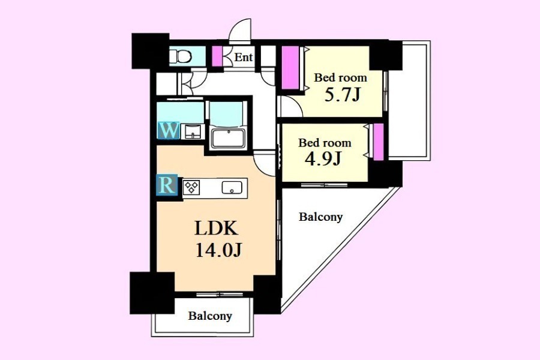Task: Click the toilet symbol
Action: [x=180, y=56]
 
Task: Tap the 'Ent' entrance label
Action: [x=244, y=57]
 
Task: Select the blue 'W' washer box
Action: [x=169, y=131]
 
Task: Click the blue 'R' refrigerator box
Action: [x=167, y=185]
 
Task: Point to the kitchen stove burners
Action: [x=191, y=187]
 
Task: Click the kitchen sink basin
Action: [x=232, y=188]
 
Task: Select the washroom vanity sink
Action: [x=193, y=131]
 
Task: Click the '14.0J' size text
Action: [x=219, y=250]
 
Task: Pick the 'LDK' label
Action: [x=216, y=228]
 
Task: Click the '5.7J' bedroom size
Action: [x=343, y=95]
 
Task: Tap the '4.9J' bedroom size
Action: [x=323, y=159]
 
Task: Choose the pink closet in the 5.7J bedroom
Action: [x=290, y=68]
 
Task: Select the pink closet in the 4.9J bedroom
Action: [x=379, y=142]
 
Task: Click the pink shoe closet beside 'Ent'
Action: [x=217, y=56]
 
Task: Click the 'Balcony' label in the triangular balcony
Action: [x=320, y=217]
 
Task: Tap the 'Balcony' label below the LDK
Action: [x=210, y=316]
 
